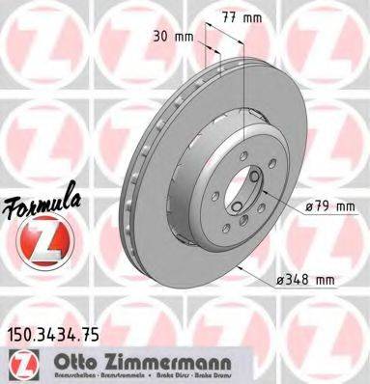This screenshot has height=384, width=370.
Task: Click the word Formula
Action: point(40,209)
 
